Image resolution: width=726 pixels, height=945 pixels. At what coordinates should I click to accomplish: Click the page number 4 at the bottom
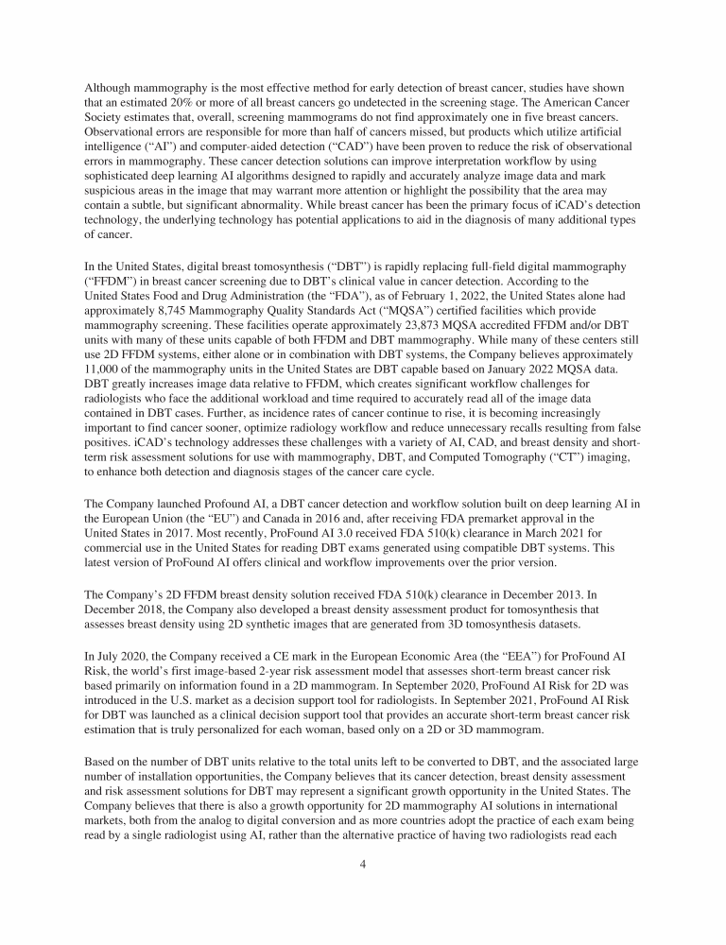363,887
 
